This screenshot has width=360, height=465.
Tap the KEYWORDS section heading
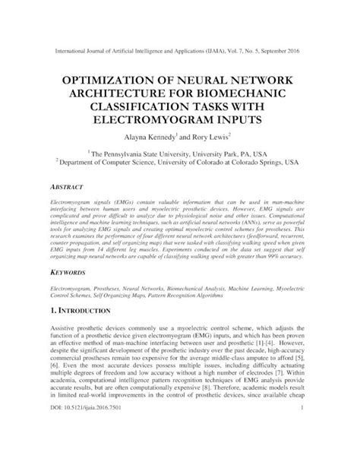(68, 271)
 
